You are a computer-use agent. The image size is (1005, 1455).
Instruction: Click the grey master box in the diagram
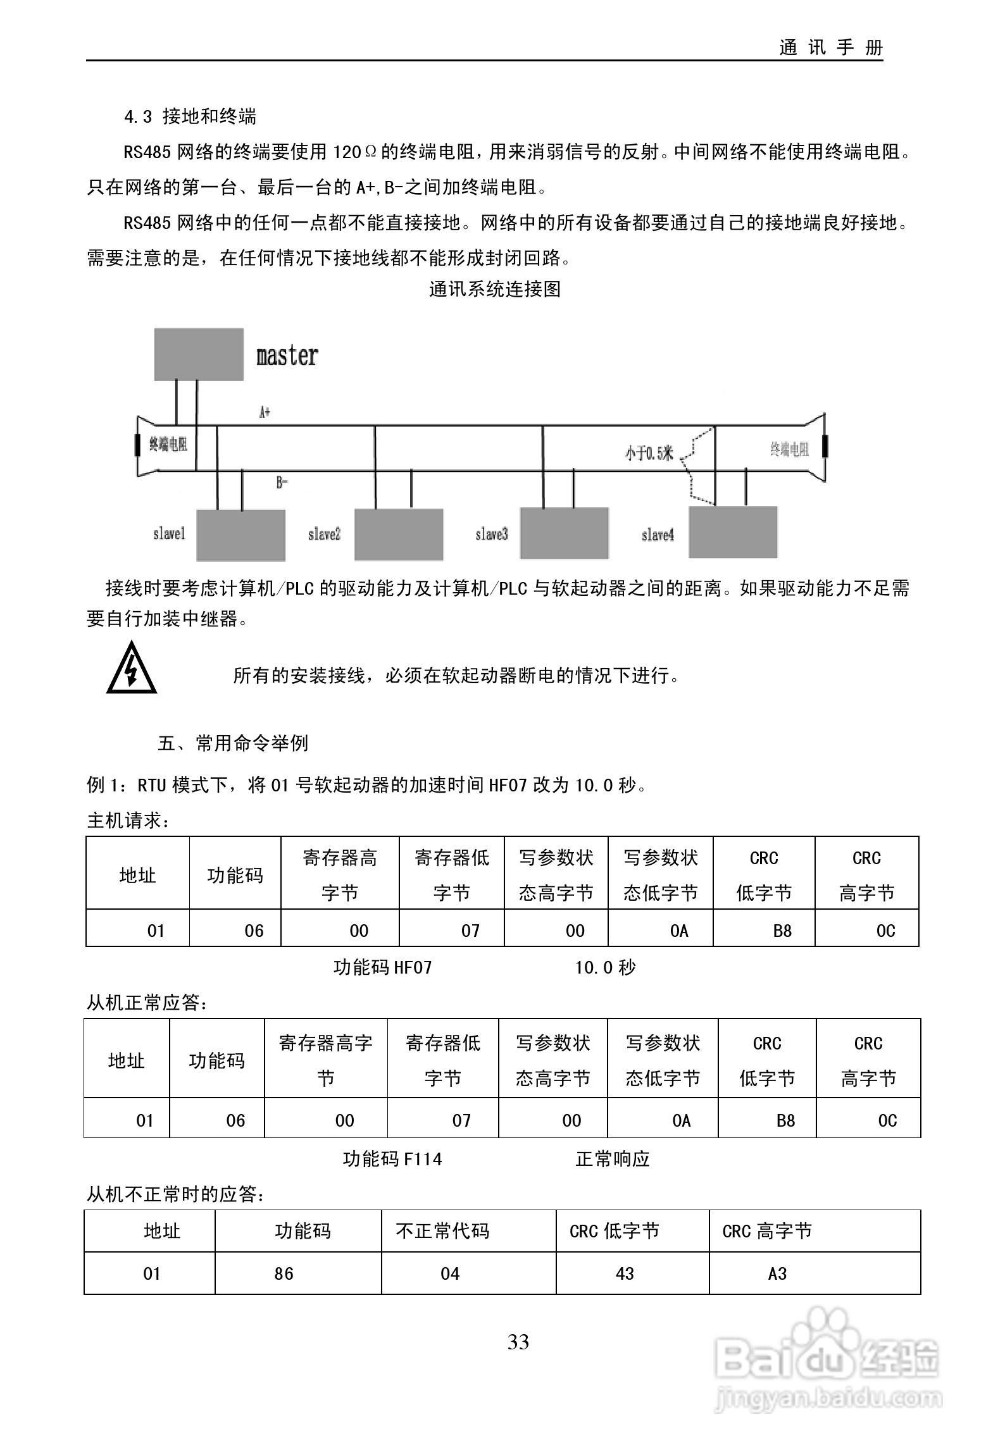click(199, 354)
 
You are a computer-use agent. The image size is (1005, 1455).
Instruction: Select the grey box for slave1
click(240, 535)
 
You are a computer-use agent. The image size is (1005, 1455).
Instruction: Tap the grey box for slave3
click(564, 534)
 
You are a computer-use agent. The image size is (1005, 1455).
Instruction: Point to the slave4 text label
click(658, 535)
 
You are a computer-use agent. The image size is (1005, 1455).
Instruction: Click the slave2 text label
click(324, 535)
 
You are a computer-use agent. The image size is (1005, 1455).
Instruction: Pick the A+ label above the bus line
click(265, 412)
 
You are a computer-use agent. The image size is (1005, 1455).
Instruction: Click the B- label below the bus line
click(282, 483)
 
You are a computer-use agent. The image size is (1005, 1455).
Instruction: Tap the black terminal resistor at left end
click(137, 445)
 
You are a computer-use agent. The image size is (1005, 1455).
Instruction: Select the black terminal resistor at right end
click(825, 446)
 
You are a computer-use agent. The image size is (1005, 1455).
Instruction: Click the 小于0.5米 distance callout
click(649, 453)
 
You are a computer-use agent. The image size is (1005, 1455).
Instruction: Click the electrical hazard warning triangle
click(132, 669)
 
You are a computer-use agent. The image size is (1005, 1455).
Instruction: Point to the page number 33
click(518, 1342)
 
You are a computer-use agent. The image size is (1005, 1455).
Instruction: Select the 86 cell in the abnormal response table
click(284, 1273)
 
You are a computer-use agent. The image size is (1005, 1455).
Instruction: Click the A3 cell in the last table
click(777, 1273)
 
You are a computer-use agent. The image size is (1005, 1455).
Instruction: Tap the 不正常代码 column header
click(442, 1230)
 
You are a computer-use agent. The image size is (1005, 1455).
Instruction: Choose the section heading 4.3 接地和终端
click(190, 116)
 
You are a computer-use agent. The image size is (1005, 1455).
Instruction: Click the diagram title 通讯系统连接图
click(495, 289)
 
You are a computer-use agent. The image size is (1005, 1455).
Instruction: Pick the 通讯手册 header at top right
click(830, 48)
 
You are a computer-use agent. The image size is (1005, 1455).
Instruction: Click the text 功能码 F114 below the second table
click(392, 1159)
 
